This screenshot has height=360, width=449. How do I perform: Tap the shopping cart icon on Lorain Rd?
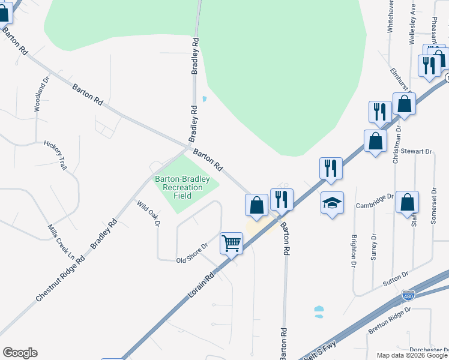(231, 244)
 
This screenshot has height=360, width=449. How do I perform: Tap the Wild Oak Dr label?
(149, 213)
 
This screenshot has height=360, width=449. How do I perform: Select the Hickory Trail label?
(55, 155)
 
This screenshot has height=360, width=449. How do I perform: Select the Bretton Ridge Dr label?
(390, 320)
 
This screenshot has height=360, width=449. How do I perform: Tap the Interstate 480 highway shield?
(408, 296)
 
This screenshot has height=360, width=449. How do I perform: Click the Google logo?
(20, 353)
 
